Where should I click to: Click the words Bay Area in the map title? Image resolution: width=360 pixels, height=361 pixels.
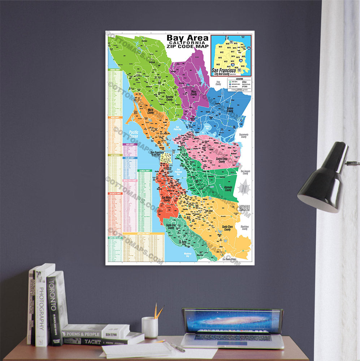tap(187, 38)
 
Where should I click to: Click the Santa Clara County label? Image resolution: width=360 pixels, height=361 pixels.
tap(227, 228)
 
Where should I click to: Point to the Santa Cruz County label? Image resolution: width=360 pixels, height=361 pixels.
tap(171, 226)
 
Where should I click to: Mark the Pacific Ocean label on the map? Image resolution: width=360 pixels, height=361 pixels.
tap(133, 134)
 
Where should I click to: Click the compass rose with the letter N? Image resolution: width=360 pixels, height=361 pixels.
tap(244, 188)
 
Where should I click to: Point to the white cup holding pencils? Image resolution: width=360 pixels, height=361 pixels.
tap(149, 327)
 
